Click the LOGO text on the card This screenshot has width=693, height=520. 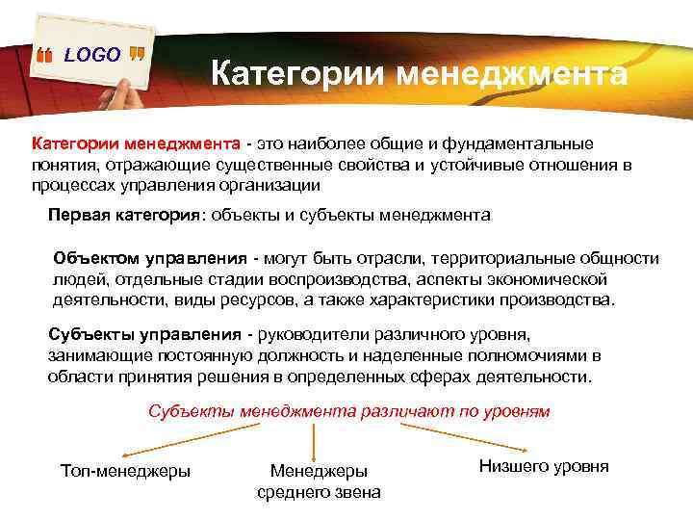coord(92,55)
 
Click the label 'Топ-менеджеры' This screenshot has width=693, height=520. coord(125,471)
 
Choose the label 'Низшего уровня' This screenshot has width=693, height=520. coord(543,466)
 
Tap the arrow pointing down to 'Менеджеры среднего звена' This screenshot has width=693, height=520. coord(319,442)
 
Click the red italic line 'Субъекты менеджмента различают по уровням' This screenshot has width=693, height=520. coord(348,411)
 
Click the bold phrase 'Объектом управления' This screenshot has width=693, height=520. coord(149,259)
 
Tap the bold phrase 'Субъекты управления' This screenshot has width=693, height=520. coord(144,334)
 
